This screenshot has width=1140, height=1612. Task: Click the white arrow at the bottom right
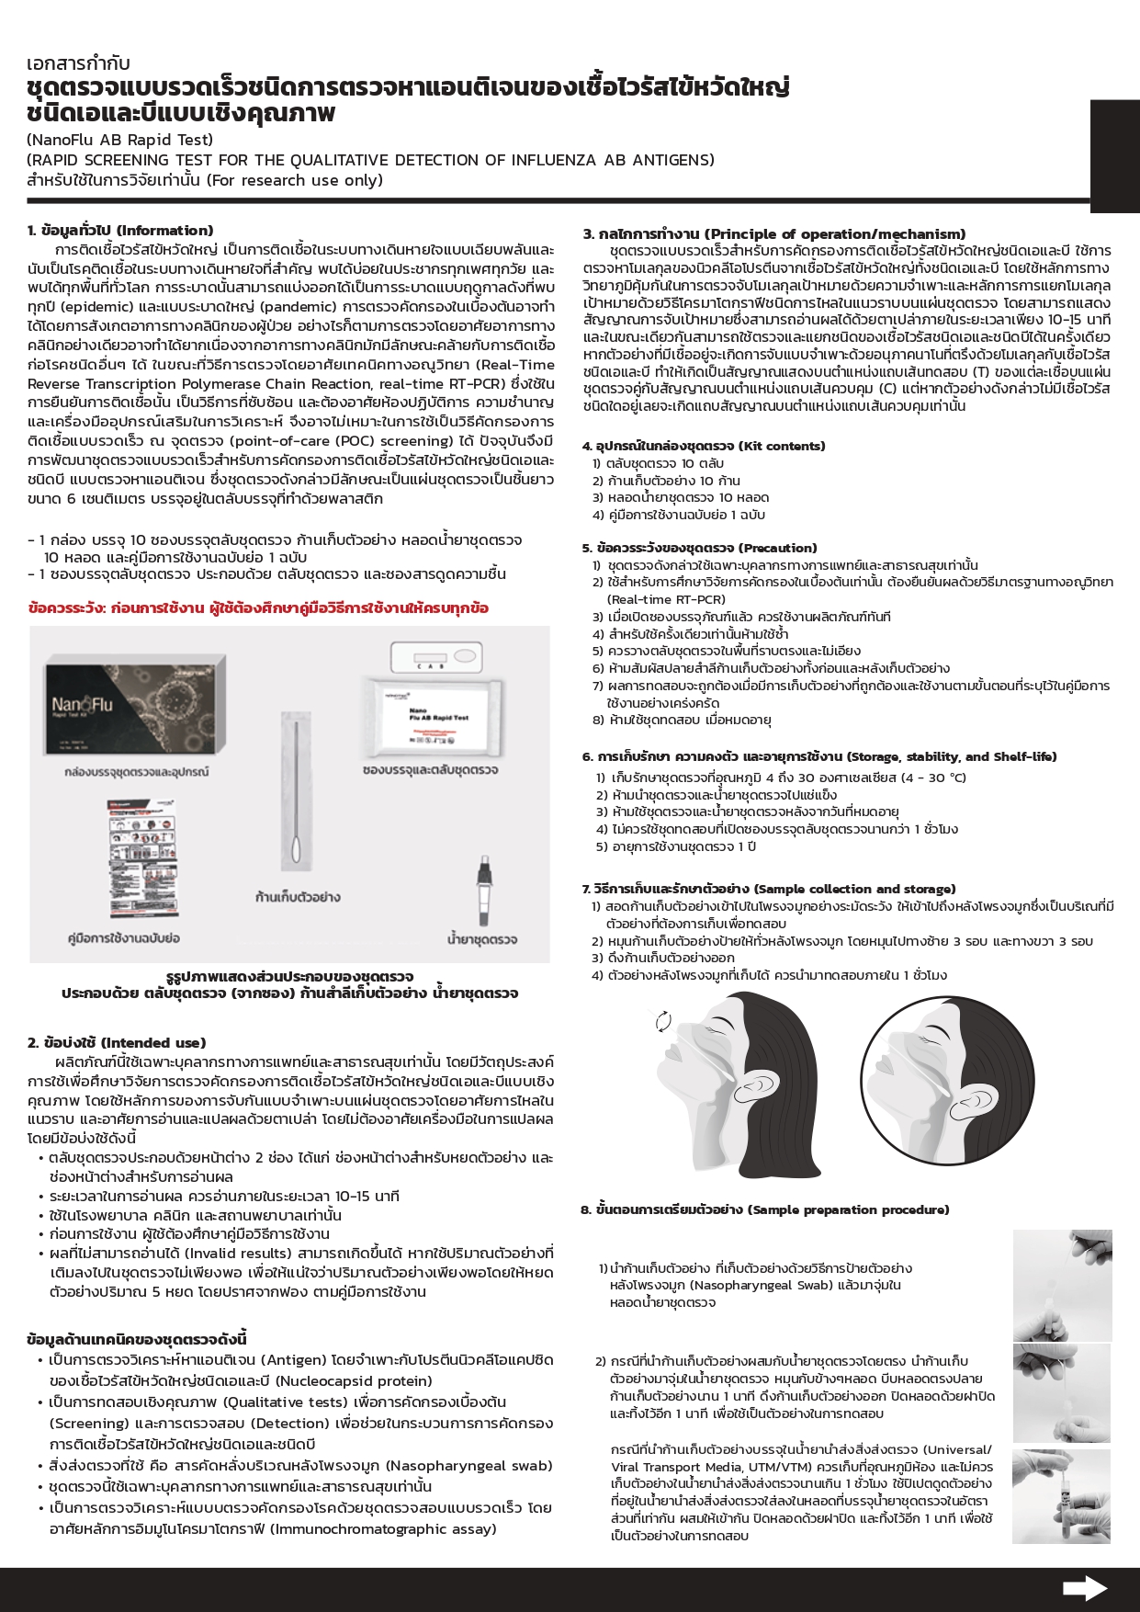click(1084, 1587)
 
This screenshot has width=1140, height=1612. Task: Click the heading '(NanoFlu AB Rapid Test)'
click(119, 140)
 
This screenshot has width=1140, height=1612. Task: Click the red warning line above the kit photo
click(258, 608)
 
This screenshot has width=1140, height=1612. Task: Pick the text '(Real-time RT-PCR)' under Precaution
click(666, 599)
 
